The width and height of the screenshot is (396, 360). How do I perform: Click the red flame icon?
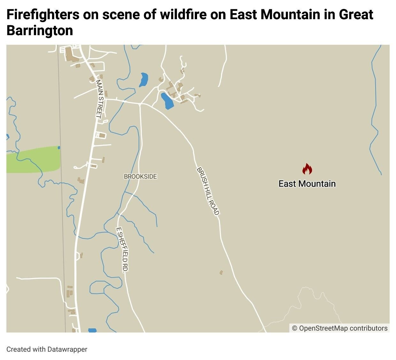307,169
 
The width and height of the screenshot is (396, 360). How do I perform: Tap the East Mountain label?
307,184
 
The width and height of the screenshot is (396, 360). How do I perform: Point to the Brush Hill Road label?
208,191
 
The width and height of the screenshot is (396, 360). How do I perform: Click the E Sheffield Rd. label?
122,249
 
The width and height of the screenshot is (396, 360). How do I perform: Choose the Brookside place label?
141,176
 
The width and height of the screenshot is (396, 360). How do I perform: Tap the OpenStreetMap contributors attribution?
339,328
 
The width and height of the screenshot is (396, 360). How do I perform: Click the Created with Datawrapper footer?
47,349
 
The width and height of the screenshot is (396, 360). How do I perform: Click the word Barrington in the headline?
40,31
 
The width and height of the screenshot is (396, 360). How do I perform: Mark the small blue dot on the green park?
59,147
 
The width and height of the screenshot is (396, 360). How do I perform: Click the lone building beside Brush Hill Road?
221,272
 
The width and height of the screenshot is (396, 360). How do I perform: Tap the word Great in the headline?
356,15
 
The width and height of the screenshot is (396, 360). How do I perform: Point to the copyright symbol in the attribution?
295,328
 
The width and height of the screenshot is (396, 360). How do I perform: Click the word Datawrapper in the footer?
67,349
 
